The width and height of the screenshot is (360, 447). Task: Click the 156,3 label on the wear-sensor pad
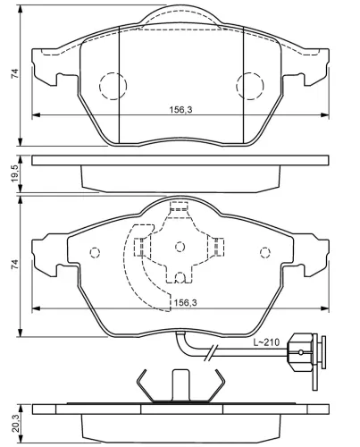click(184, 302)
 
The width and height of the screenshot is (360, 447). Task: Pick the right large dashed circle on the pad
click(250, 86)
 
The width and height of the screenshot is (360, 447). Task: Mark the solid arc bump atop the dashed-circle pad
click(180, 12)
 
